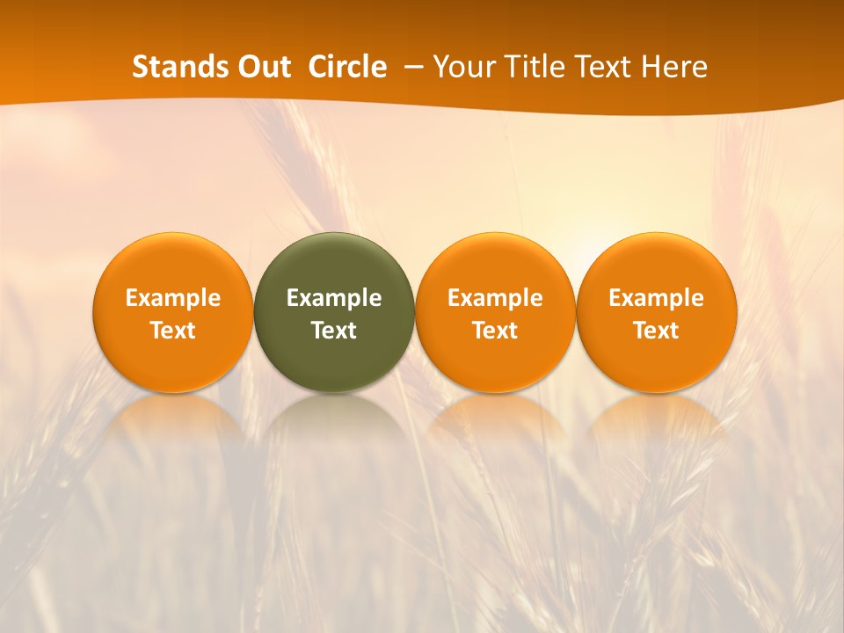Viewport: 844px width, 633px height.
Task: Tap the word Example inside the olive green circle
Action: click(334, 298)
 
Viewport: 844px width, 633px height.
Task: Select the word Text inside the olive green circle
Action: click(334, 331)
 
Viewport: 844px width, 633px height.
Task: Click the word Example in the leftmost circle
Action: click(173, 298)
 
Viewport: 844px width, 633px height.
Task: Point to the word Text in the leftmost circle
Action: click(173, 331)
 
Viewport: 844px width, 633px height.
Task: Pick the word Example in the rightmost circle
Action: click(657, 298)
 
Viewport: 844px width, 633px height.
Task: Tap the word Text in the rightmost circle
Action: click(657, 331)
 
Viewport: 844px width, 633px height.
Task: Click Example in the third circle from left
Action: click(495, 298)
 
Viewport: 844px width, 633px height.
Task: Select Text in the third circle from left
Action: click(495, 331)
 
